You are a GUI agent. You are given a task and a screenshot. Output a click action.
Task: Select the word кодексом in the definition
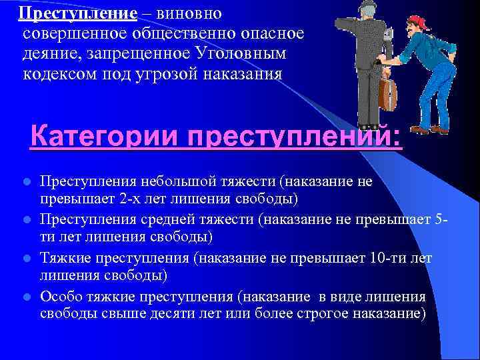pos(57,73)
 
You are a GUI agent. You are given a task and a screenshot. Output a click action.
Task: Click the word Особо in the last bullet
pos(60,295)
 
